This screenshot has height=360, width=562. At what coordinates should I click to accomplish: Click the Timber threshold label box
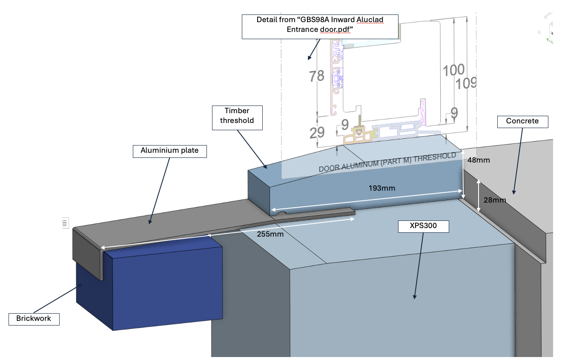(x=237, y=116)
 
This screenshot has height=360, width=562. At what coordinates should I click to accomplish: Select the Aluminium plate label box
(x=169, y=151)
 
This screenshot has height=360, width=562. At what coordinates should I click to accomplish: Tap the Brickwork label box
(x=34, y=318)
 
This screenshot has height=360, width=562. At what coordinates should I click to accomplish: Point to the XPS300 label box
(x=424, y=226)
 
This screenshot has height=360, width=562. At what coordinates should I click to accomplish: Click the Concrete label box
(x=522, y=121)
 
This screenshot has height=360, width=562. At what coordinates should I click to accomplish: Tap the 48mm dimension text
(x=479, y=160)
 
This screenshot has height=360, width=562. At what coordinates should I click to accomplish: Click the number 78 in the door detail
(x=316, y=77)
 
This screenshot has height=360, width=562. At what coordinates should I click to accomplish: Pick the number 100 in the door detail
(x=453, y=70)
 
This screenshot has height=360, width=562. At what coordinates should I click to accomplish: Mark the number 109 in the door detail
(x=466, y=83)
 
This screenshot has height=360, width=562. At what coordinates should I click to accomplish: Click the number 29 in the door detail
(x=317, y=133)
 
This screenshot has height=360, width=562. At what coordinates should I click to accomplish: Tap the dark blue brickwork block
(x=162, y=285)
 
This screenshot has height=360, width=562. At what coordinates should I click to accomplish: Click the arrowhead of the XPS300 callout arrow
(x=414, y=297)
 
